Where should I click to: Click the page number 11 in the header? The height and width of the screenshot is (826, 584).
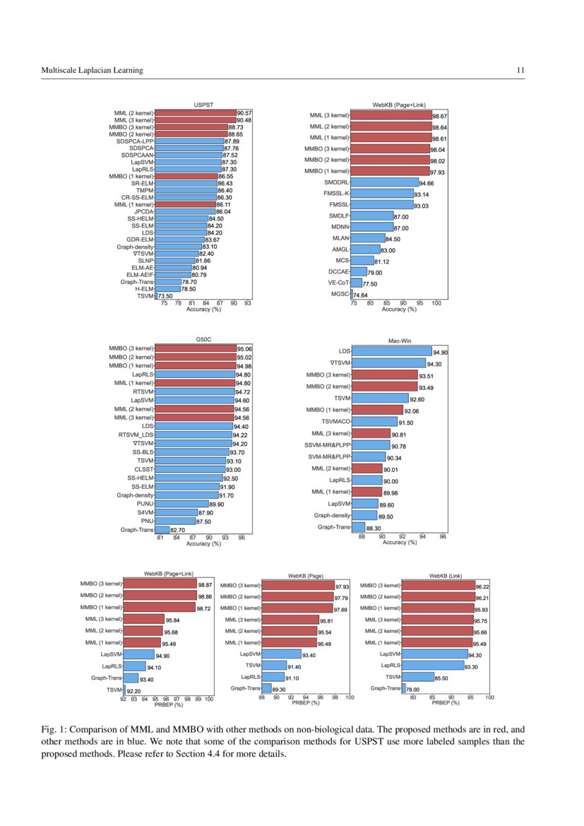(x=520, y=70)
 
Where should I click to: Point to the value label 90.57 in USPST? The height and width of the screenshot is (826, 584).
(x=244, y=113)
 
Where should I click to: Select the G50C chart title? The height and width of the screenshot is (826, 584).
(x=204, y=340)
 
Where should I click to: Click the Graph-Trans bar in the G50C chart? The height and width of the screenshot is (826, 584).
(x=162, y=529)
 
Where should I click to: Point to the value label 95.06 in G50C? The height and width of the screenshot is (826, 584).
(x=245, y=348)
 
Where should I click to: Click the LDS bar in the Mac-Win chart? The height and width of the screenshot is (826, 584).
(x=391, y=350)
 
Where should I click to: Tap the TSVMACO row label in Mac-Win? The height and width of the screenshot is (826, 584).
(x=331, y=421)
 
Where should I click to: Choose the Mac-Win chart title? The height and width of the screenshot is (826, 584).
(x=399, y=341)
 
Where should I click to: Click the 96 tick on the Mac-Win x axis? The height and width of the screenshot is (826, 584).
(x=443, y=537)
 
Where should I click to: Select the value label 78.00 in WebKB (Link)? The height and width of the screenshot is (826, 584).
(x=413, y=689)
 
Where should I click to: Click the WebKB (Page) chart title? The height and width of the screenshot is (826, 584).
(x=305, y=576)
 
